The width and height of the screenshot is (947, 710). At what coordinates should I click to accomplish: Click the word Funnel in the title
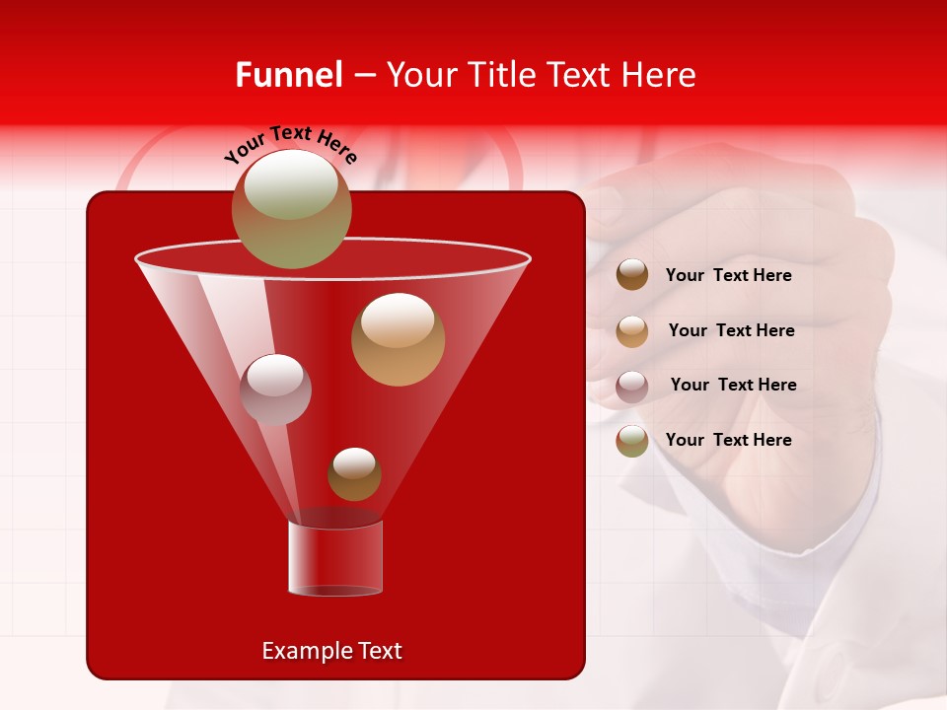pyautogui.click(x=288, y=75)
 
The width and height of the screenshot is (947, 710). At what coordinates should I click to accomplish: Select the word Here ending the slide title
pyautogui.click(x=660, y=75)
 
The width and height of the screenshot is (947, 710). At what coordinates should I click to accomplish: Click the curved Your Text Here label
pyautogui.click(x=290, y=144)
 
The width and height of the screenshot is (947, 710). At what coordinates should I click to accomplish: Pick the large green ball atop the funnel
pyautogui.click(x=291, y=208)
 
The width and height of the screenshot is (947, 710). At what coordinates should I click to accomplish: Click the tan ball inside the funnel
pyautogui.click(x=398, y=338)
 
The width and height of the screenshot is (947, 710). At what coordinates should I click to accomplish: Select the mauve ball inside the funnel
pyautogui.click(x=275, y=389)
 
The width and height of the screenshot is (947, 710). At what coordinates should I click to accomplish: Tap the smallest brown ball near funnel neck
pyautogui.click(x=354, y=473)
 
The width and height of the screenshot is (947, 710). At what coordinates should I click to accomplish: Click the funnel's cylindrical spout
pyautogui.click(x=334, y=558)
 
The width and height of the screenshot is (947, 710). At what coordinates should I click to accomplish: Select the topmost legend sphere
pyautogui.click(x=632, y=275)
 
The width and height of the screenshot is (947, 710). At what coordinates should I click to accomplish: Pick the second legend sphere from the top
pyautogui.click(x=632, y=330)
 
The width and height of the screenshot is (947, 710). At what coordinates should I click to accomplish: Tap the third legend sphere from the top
pyautogui.click(x=632, y=386)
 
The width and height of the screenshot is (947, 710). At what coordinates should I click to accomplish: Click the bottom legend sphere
pyautogui.click(x=632, y=441)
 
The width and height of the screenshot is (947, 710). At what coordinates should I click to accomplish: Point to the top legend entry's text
pyautogui.click(x=728, y=275)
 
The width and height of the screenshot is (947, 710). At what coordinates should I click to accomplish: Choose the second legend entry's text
pyautogui.click(x=731, y=330)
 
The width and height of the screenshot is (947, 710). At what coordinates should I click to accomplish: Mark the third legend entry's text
pyautogui.click(x=733, y=385)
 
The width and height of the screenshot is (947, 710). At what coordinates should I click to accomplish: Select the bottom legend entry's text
pyautogui.click(x=728, y=440)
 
